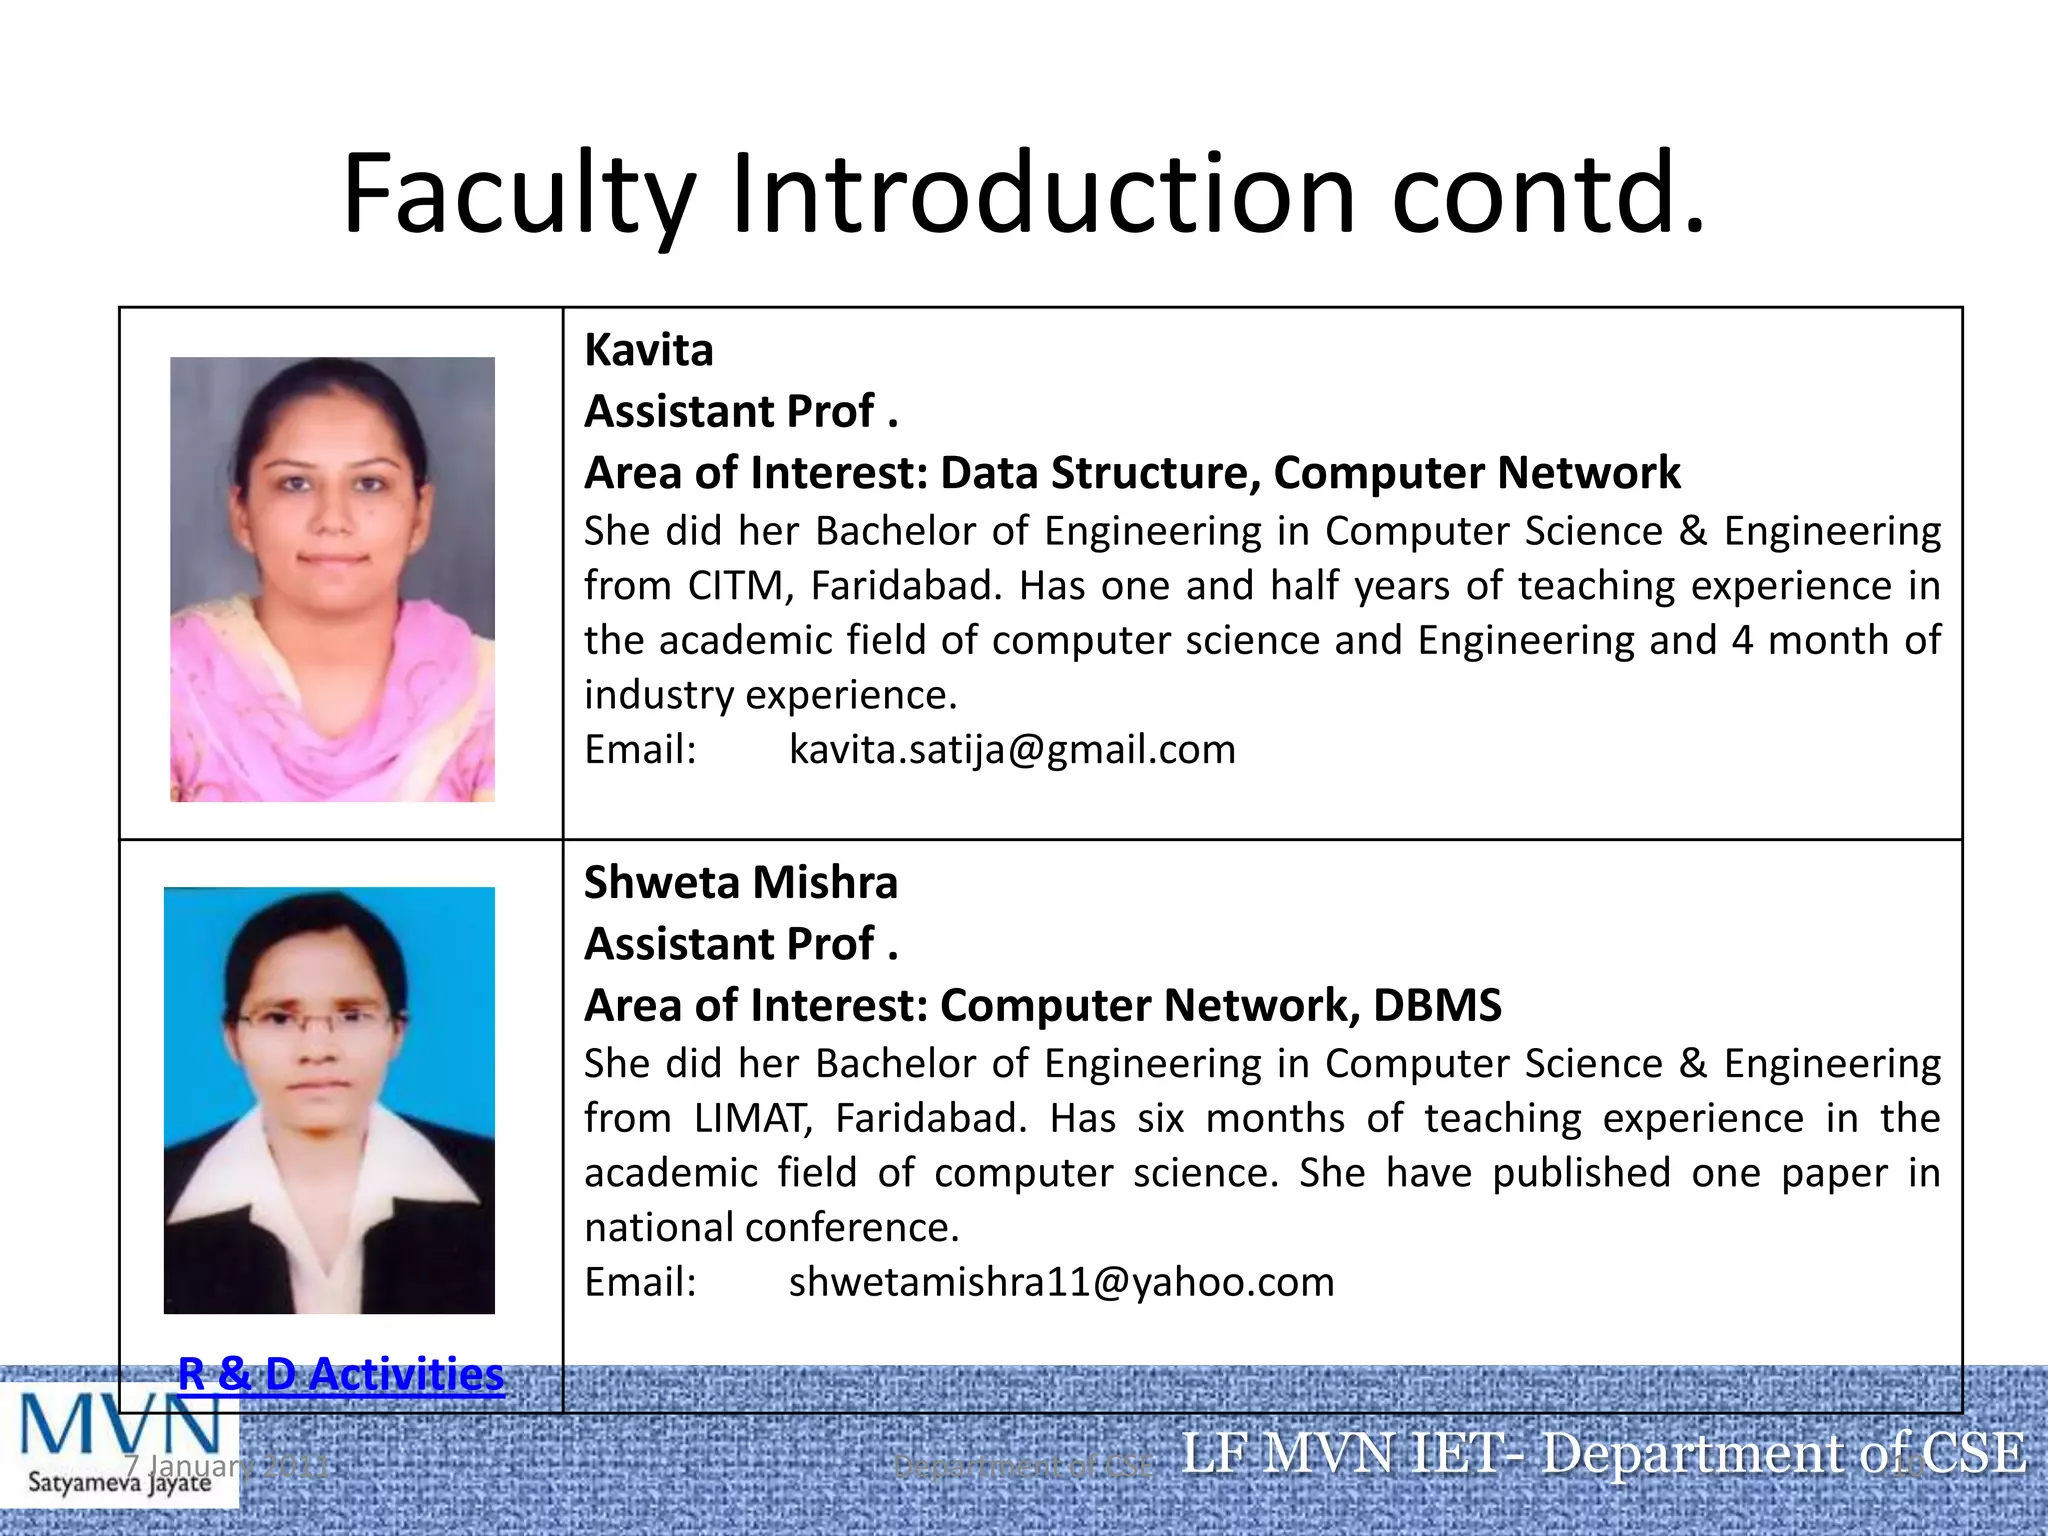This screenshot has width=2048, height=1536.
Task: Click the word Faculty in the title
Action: tap(518, 195)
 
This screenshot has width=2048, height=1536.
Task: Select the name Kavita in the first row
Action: tap(648, 351)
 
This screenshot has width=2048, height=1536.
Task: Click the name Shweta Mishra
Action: tap(740, 883)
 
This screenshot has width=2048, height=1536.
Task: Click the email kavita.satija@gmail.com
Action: tap(1012, 750)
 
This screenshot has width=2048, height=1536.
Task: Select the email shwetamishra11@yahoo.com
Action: tap(1061, 1283)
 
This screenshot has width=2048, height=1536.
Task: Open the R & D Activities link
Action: tap(341, 1374)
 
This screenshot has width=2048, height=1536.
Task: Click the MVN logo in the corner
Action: tap(119, 1440)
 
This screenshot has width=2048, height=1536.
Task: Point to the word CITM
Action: tap(740, 586)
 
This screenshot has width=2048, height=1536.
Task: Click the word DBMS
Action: tap(1437, 1006)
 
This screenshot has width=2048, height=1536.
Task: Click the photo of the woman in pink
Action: tap(332, 579)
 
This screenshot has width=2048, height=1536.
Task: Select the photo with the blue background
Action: tap(329, 1100)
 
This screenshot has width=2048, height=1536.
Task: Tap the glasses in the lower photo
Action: tap(316, 1021)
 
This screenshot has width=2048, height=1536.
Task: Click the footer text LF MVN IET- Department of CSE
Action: tap(1603, 1454)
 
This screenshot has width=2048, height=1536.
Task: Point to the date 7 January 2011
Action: tap(227, 1467)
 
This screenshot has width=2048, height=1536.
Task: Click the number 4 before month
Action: tap(1742, 641)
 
